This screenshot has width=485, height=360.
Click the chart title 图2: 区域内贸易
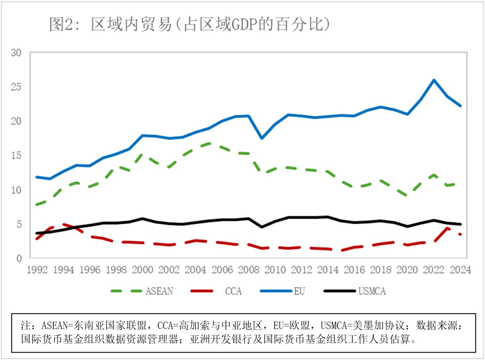[189, 24]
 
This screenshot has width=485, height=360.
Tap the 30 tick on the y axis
[16, 53]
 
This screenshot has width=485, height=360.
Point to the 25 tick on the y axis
[16, 87]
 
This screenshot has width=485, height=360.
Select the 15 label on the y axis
[16, 156]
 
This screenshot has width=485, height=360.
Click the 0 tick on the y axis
[19, 258]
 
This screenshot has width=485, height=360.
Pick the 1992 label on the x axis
[37, 270]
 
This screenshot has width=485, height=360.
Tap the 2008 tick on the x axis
[249, 270]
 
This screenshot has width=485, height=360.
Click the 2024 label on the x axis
[460, 270]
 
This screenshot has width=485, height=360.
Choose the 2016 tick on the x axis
[354, 270]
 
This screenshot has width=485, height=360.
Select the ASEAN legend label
[159, 291]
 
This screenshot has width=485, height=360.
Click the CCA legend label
[233, 291]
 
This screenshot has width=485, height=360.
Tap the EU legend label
[299, 291]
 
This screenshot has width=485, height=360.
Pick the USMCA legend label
[372, 291]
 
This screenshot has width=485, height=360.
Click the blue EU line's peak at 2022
[434, 80]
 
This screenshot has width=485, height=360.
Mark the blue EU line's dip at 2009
[262, 138]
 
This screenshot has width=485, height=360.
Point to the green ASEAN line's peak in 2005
[209, 143]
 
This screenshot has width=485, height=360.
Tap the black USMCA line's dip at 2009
[262, 227]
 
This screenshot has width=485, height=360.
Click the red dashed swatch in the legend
[202, 291]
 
